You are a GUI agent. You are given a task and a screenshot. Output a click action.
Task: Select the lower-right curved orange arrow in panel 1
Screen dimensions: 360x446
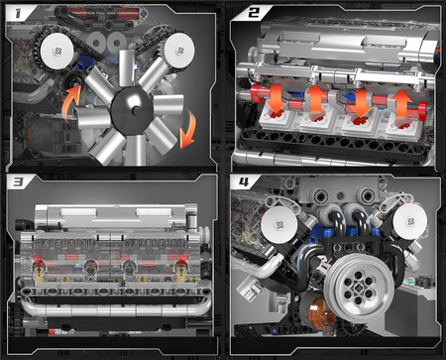pyautogui.click(x=190, y=125)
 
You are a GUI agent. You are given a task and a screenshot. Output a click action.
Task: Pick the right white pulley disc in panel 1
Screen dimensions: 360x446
pyautogui.click(x=178, y=45)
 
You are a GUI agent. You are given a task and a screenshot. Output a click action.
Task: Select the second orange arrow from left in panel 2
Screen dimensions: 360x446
pyautogui.click(x=315, y=99)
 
